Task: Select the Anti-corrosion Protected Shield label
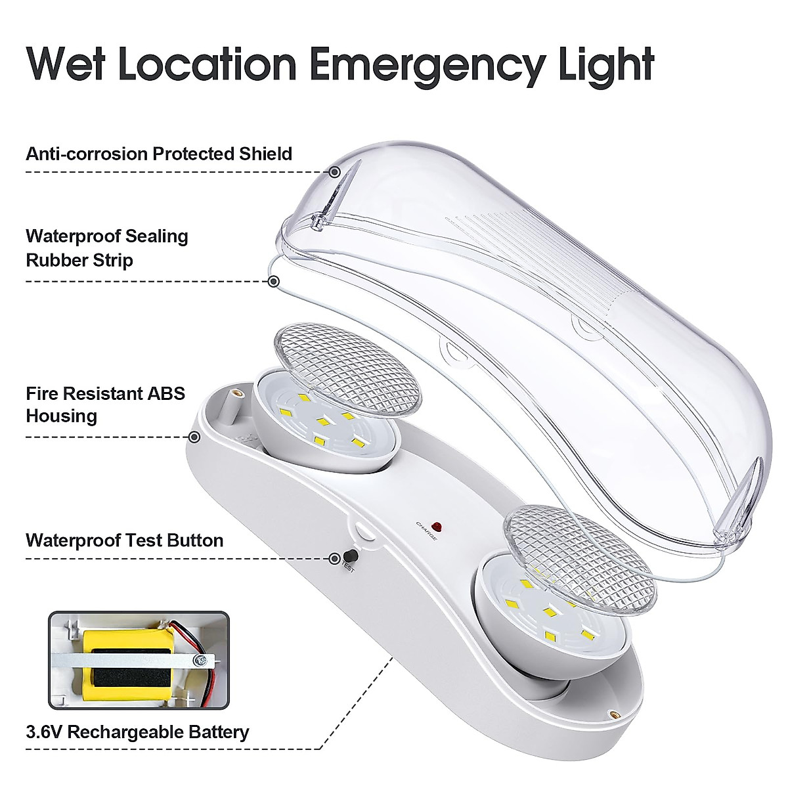click(x=159, y=154)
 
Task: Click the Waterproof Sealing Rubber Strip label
click(x=107, y=248)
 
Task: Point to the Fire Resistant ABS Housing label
click(x=105, y=405)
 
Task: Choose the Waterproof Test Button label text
click(x=125, y=540)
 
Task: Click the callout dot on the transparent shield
click(x=335, y=172)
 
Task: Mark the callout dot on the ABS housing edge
click(x=194, y=437)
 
